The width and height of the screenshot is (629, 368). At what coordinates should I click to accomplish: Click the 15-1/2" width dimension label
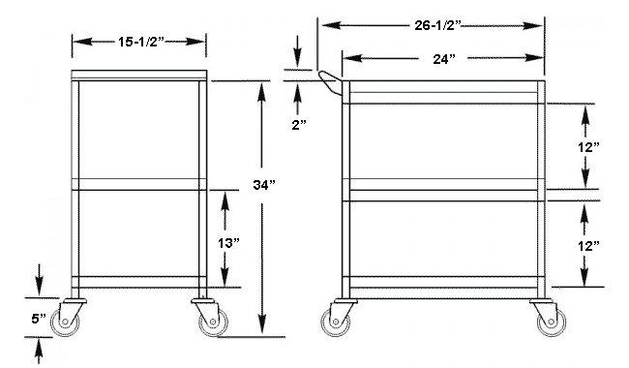[x=139, y=42]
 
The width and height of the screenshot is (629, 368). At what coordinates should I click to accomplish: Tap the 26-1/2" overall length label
[x=434, y=24]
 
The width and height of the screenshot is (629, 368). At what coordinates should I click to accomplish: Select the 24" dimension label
[x=444, y=59]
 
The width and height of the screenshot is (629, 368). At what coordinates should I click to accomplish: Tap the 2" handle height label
[x=298, y=125]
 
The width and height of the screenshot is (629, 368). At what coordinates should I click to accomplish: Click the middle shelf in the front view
[x=139, y=185]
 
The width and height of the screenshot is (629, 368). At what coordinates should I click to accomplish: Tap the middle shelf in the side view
[x=443, y=185]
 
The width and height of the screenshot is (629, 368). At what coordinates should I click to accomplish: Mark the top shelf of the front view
[x=139, y=76]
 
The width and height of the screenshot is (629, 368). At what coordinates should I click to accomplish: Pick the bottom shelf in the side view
[x=443, y=284]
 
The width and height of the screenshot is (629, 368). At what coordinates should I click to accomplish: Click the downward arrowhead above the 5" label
[x=39, y=290]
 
